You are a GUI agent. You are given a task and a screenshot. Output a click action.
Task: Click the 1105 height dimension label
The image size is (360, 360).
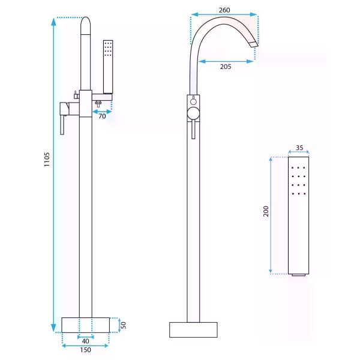click(x=47, y=160)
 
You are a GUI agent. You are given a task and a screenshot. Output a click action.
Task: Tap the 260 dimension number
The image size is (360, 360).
click(x=224, y=10)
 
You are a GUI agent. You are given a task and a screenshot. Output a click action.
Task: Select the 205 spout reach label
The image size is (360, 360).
click(x=226, y=67)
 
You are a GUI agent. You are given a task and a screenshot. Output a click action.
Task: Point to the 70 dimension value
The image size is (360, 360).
click(x=102, y=116)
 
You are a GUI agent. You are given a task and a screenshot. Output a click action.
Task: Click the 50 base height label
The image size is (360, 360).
click(x=123, y=325)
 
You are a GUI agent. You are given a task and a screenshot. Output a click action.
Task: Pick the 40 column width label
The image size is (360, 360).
click(x=85, y=341)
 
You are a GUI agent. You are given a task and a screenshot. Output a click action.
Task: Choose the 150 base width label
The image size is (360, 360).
click(x=85, y=350)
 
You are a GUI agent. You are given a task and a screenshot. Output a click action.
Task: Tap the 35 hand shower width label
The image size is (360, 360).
click(x=299, y=148)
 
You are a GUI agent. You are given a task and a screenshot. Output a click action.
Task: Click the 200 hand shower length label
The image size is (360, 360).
click(x=266, y=211)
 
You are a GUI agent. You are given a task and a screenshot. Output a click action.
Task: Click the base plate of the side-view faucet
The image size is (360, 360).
click(x=85, y=325)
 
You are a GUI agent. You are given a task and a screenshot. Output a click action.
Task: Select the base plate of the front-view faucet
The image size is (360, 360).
click(x=193, y=330)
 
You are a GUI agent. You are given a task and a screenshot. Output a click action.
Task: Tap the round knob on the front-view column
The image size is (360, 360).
click(x=193, y=113)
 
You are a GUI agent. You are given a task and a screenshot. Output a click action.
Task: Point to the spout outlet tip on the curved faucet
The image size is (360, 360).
click(x=254, y=44)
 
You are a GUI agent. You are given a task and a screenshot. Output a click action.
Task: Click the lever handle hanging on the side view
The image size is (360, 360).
click(x=62, y=125)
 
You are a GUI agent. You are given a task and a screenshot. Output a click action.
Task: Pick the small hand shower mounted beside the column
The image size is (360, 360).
click(x=108, y=67)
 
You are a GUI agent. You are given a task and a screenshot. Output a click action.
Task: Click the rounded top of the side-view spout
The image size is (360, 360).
click(x=86, y=25)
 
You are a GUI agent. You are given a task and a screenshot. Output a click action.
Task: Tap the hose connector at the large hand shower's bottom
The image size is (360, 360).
click(x=298, y=275)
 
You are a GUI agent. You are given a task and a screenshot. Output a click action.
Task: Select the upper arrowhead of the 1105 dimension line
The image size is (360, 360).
click(x=53, y=22)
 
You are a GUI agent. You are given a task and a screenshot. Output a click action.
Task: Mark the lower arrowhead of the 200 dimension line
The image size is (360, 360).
click(x=271, y=270)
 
